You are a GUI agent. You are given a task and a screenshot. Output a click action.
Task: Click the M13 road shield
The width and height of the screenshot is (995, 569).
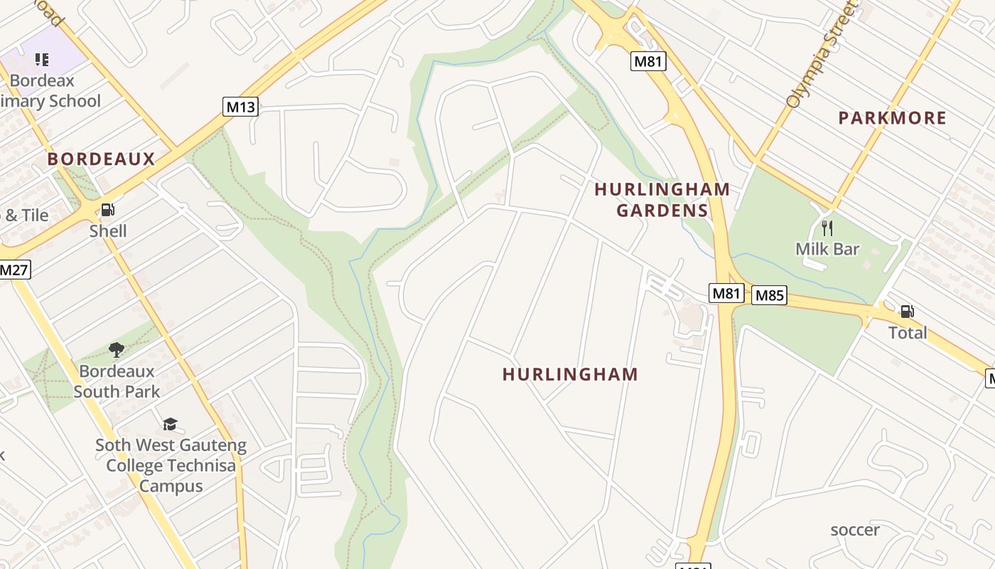click(x=240, y=107)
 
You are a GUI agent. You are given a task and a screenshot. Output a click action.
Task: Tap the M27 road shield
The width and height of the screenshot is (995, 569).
click(x=14, y=270)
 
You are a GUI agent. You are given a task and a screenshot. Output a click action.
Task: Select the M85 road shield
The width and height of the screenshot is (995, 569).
click(x=769, y=295)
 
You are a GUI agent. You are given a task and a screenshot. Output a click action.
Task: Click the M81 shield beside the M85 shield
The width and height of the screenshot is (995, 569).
click(x=726, y=292)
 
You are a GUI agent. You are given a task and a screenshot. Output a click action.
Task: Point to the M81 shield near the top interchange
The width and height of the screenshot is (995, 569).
click(x=647, y=61)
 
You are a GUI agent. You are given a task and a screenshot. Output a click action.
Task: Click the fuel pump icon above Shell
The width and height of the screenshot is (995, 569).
click(x=108, y=210)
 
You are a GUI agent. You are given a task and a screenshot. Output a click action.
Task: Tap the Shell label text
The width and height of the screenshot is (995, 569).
click(x=108, y=231)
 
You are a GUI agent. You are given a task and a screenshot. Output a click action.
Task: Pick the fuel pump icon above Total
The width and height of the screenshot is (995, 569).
click(x=907, y=311)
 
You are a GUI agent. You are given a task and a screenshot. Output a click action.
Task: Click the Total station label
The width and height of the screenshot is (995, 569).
click(x=908, y=333)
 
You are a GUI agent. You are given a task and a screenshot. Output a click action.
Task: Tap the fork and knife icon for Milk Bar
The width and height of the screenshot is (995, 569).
click(x=827, y=228)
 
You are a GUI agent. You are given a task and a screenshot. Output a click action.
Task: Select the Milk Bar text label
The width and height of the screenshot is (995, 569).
click(x=827, y=250)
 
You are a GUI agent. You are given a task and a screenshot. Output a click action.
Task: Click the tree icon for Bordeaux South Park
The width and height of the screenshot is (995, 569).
click(x=117, y=349)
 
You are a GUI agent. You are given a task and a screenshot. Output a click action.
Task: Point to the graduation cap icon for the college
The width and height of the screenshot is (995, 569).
click(x=170, y=425)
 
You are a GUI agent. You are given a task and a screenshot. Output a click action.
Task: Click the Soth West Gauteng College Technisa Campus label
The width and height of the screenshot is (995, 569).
click(x=171, y=466)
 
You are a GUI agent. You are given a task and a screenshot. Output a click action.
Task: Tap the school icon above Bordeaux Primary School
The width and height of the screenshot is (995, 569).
click(x=42, y=60)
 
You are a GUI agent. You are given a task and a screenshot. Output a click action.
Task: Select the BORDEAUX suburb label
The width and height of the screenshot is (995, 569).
click(x=101, y=159)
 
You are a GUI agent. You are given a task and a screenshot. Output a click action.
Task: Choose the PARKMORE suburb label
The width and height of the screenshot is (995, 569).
click(x=892, y=118)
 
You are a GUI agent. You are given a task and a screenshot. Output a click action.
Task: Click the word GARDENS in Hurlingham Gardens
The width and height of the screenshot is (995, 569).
click(x=662, y=211)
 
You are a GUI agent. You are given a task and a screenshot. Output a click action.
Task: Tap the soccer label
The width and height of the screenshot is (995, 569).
click(x=855, y=530)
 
